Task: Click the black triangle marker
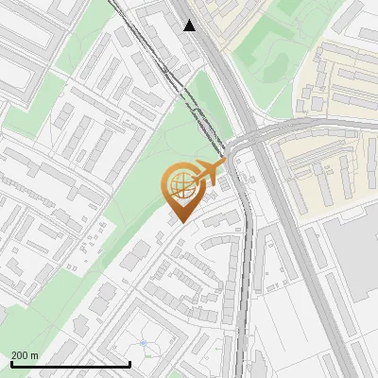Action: (x=190, y=26)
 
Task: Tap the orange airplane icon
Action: (x=209, y=172)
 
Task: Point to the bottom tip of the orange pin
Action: (x=180, y=224)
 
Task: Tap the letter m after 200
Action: (x=34, y=355)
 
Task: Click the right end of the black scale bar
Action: (x=129, y=364)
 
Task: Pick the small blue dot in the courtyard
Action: (x=143, y=344)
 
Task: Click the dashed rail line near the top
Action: (x=151, y=47)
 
